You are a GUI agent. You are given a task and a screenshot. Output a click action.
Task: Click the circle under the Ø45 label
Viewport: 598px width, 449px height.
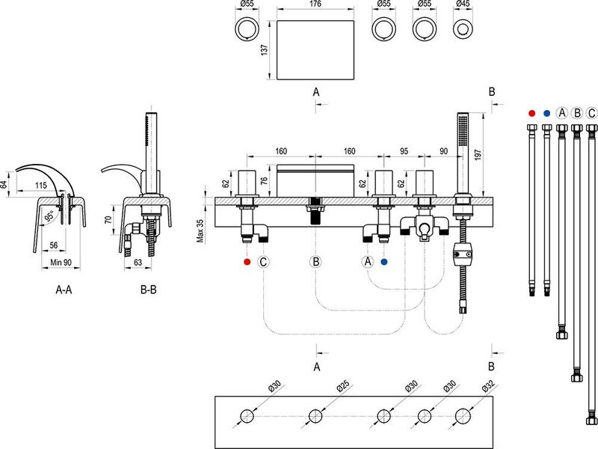coord(463,31)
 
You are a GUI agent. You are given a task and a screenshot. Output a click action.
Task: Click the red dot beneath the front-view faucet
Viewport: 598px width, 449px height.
coord(247,262)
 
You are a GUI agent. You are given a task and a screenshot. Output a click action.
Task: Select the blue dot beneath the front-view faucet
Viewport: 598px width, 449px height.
coord(384,262)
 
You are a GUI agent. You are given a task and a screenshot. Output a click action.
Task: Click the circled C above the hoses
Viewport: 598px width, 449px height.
coord(592,113)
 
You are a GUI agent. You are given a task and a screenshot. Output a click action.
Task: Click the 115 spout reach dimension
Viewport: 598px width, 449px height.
coord(40,185)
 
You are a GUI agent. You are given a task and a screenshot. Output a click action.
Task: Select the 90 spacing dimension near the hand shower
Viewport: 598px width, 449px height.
coord(443,150)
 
